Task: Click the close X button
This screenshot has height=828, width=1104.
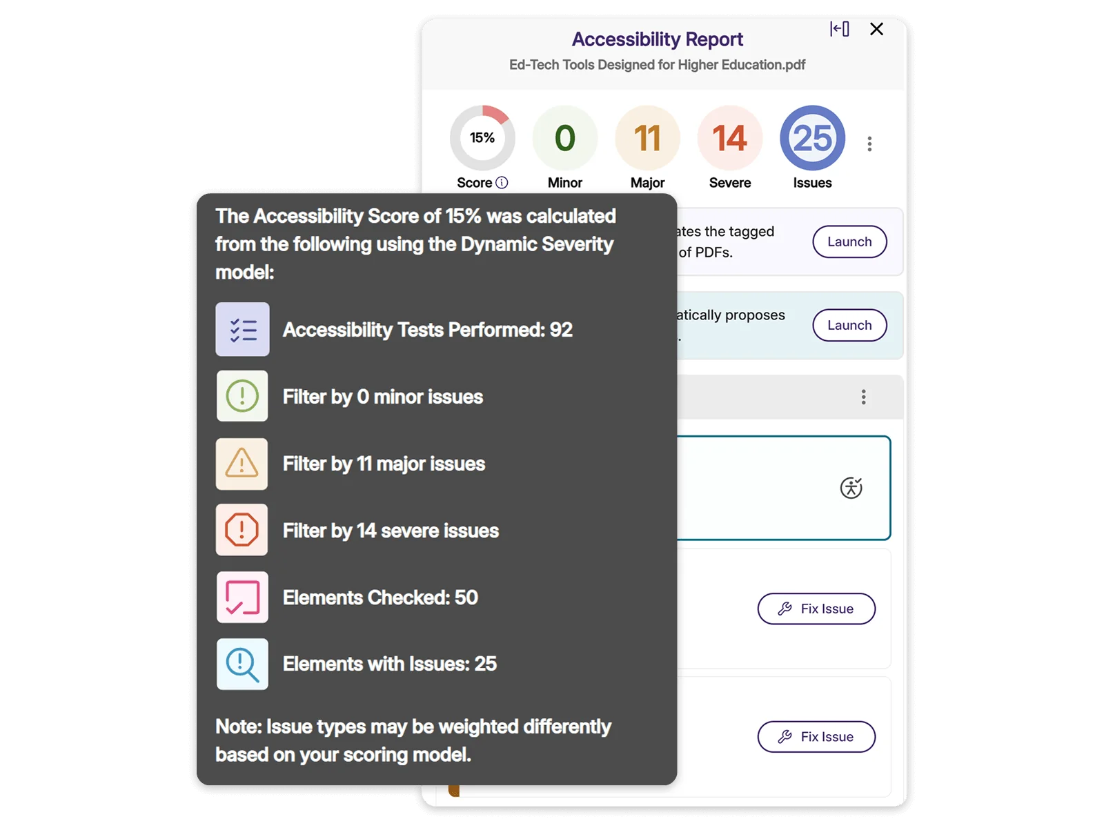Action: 876,29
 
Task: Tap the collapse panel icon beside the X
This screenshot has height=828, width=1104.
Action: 839,29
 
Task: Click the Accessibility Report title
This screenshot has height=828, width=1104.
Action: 657,39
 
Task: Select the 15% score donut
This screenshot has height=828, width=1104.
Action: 482,138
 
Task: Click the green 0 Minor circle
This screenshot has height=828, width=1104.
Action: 565,138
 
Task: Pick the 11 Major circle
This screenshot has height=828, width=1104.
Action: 647,138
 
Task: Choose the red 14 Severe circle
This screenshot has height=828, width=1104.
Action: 730,138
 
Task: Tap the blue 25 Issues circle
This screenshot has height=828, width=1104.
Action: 812,138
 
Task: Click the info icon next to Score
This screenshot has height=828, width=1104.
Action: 502,182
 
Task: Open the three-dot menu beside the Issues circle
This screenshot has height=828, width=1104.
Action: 869,144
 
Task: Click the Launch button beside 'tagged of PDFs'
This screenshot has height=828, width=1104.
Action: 849,241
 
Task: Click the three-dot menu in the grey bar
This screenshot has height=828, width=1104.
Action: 863,397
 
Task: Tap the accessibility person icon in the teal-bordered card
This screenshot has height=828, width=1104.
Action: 851,488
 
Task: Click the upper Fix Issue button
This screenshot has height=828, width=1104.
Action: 816,609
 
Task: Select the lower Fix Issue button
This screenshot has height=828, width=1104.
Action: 816,737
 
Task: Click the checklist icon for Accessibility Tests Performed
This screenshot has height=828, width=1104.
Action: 242,329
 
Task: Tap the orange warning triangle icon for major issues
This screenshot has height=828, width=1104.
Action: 242,464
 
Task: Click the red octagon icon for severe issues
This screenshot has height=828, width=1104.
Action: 242,530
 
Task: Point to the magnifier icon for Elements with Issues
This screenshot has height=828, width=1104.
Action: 242,664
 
